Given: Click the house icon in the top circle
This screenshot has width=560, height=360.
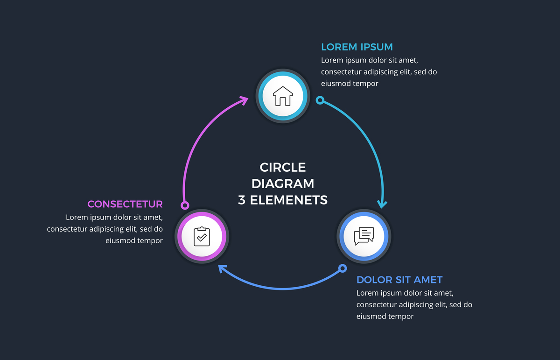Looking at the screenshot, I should (x=282, y=96).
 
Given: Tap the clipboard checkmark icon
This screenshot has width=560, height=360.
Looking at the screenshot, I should (x=202, y=237).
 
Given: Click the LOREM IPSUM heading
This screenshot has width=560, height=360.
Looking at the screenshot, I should (x=357, y=47).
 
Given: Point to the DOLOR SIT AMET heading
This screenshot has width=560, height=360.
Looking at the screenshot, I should (x=399, y=280).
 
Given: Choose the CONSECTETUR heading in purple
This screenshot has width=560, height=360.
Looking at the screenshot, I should (x=125, y=204).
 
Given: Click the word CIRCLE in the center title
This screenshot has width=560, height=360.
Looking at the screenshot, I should (x=283, y=168).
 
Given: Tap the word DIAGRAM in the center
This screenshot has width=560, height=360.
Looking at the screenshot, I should (x=283, y=184).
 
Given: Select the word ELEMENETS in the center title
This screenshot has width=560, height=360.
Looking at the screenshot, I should (x=289, y=200).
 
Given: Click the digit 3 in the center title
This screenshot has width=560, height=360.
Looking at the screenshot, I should (x=242, y=200).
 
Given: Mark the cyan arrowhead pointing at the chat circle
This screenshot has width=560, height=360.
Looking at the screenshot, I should (x=383, y=204).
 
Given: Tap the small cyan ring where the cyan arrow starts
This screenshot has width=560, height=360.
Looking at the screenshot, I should (x=320, y=100).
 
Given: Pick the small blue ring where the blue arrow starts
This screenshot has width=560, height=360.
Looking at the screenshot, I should (x=343, y=268).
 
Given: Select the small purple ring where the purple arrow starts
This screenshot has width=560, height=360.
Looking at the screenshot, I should (x=185, y=205).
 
